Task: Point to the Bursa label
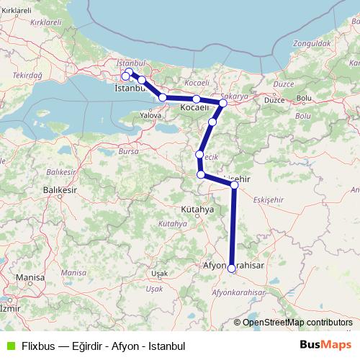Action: tap(127, 152)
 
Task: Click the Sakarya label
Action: tap(235, 95)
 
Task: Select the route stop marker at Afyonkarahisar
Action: tap(231, 268)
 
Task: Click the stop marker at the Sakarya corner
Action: tap(223, 103)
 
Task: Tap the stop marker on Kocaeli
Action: tap(196, 99)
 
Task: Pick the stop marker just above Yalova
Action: tap(163, 97)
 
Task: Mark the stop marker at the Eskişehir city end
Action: tap(235, 185)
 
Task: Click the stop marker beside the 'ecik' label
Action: tap(199, 154)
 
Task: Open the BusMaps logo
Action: tap(325, 345)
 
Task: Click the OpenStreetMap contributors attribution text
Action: tap(297, 322)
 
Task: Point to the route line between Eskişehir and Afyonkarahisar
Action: tap(233, 227)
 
